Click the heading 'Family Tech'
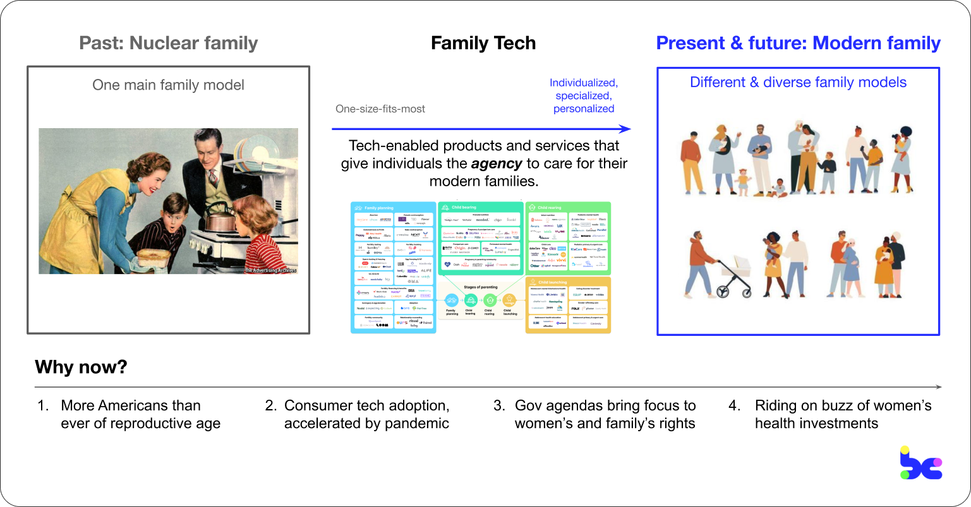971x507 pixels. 483,43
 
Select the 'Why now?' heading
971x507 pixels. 81,367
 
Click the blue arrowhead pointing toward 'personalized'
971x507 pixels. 625,129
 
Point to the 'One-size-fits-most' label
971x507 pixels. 380,109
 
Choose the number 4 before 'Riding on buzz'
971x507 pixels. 734,405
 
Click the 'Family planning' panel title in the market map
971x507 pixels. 379,207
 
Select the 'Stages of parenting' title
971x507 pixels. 481,287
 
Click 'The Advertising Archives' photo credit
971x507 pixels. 270,271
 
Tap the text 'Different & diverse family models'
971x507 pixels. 798,82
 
